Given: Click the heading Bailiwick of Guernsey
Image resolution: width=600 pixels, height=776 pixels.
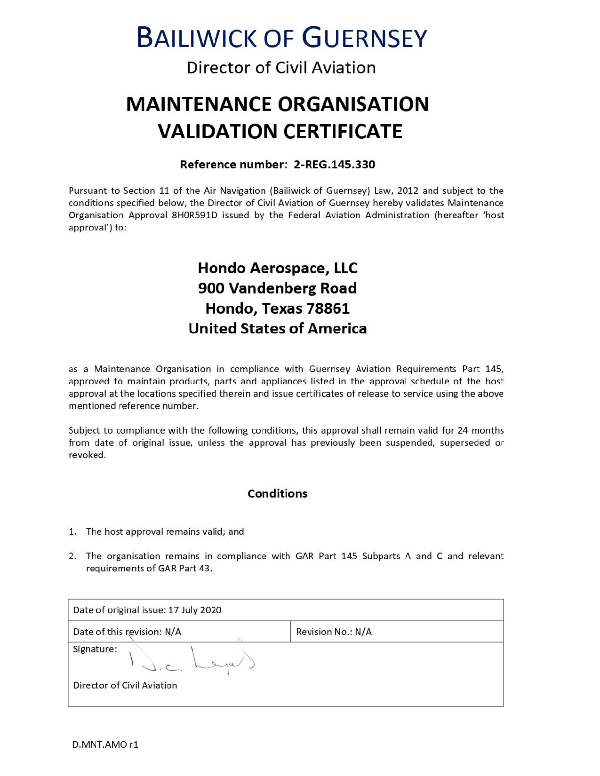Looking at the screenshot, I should coord(281,38).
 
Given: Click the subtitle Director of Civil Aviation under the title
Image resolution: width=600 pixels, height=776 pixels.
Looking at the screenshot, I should coord(281,68).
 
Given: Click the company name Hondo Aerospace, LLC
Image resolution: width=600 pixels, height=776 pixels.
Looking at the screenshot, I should coord(278,268).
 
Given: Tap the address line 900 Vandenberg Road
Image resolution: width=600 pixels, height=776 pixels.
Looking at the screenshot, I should coord(277,288).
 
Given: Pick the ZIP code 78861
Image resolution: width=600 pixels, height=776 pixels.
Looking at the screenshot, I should coord(328,309).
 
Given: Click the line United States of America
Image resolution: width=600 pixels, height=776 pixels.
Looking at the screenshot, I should coord(277,328).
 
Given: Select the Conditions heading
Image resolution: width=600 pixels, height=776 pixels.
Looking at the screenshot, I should coord(277,493).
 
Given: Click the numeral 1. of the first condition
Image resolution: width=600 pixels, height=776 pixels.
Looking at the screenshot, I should coord(72,532).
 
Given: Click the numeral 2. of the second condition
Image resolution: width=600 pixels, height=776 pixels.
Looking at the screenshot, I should coord(72,556).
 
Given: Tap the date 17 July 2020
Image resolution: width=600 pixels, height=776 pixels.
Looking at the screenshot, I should coord(194,610).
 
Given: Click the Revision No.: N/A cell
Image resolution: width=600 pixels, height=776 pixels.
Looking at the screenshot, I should coord(334,632).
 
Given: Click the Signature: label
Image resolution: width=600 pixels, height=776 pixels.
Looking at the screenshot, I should coord(95,649).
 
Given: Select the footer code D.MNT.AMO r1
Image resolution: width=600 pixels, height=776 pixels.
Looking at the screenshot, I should coord(105,744).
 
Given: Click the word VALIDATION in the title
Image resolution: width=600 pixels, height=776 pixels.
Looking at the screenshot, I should coord(218,131).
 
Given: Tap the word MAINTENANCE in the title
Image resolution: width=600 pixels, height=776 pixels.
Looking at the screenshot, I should coord(199,104).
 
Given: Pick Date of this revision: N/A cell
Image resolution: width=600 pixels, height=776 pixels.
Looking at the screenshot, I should coord(127,632).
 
